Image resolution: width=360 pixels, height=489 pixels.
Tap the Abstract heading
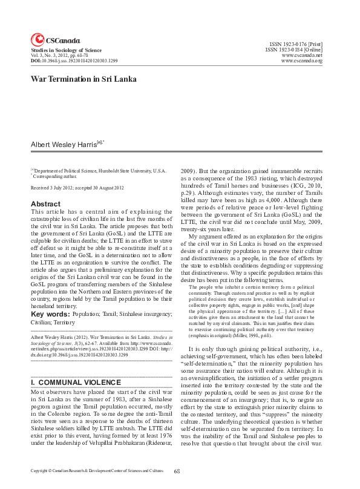(x=45, y=205)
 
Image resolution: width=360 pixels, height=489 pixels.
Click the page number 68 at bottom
(x=177, y=471)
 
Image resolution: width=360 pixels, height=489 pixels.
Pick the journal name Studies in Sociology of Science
(x=67, y=50)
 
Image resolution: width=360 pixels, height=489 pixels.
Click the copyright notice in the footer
(x=97, y=471)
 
